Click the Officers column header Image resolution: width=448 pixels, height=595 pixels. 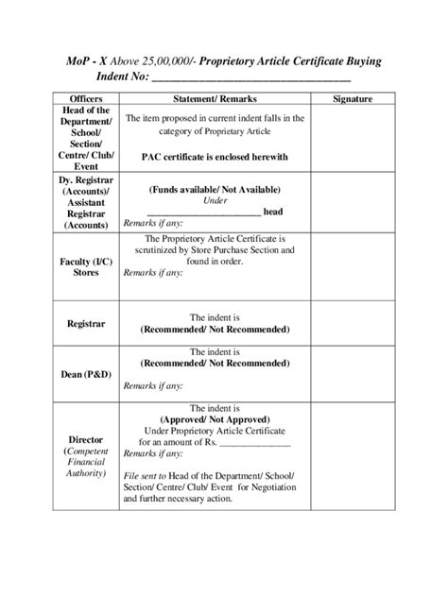(x=86, y=99)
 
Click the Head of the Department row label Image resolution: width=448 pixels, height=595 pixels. (x=86, y=137)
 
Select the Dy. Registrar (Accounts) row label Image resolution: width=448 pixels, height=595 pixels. (x=86, y=201)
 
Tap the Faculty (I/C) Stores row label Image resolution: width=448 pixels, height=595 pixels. (x=86, y=266)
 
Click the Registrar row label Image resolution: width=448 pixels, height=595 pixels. (x=86, y=324)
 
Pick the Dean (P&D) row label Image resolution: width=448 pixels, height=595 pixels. (x=86, y=375)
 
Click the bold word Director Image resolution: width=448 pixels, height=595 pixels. (x=86, y=440)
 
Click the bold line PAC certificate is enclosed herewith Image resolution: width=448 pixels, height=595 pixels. (x=215, y=157)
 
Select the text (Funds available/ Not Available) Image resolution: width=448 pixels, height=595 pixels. (x=215, y=189)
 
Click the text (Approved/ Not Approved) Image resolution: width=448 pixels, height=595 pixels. (x=215, y=418)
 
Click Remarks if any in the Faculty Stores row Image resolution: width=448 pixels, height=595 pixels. (x=153, y=272)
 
